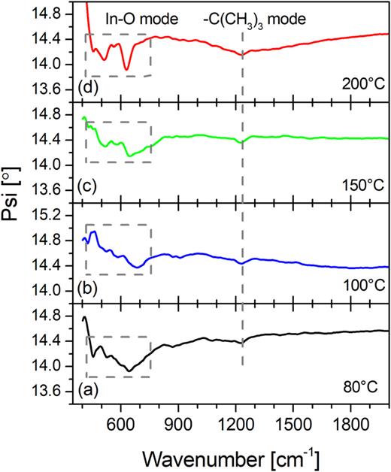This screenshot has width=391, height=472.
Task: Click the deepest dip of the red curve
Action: [126, 70]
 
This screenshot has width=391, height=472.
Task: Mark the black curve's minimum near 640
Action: [130, 370]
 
